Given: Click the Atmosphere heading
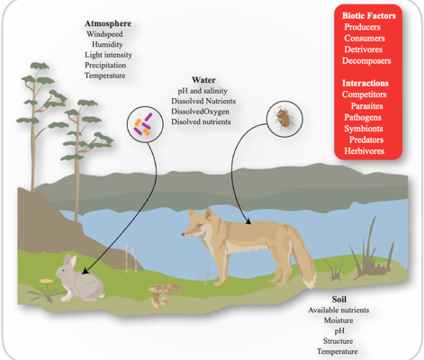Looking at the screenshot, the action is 108,23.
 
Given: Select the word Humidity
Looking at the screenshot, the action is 107,44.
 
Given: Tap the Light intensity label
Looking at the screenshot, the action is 108,55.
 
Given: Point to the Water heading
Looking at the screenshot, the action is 203,80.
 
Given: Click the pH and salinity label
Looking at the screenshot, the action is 203,91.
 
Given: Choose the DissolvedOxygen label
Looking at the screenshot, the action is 200,112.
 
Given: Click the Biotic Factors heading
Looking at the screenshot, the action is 369,15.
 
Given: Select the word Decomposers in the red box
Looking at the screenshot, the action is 366,60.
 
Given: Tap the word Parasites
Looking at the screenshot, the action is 366,106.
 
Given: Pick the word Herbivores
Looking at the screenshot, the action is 364,151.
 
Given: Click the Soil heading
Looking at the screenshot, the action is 338,299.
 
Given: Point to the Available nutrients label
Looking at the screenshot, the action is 338,310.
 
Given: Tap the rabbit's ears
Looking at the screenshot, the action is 70,260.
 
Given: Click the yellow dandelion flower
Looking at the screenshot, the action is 46,281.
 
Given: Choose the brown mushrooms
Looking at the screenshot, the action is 164,295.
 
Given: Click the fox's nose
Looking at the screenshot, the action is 183,234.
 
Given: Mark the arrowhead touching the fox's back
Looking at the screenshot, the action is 248,221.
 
